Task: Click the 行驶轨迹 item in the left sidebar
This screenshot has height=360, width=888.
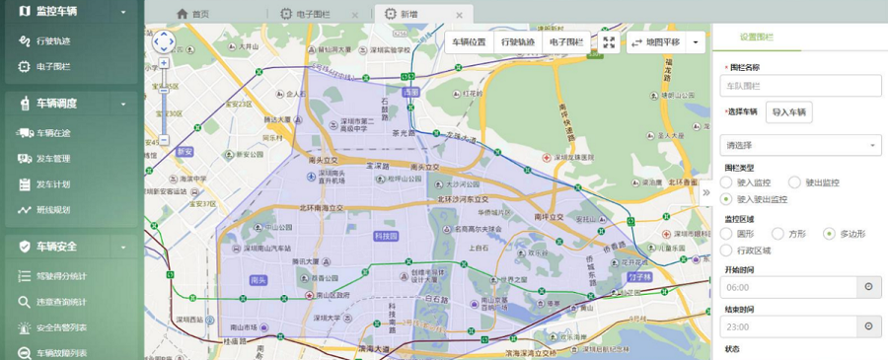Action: pos(52,41)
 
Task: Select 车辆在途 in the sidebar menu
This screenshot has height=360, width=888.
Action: pos(52,133)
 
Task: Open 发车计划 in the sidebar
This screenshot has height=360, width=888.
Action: pos(52,184)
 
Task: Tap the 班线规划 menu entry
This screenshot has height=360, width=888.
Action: pos(52,210)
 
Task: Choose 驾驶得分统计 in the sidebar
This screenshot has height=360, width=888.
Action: pos(60,276)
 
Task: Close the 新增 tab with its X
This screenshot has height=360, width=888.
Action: pos(459,15)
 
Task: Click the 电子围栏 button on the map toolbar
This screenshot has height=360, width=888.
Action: pos(566,42)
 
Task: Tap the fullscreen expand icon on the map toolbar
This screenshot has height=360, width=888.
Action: pos(609,42)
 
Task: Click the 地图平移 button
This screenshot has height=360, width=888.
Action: pos(656,42)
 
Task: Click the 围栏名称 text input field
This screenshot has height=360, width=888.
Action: pos(800,86)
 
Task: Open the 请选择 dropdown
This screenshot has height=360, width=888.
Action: pos(800,145)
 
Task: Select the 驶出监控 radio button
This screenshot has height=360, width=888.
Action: pos(785,182)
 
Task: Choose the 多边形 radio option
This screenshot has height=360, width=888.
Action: pos(832,234)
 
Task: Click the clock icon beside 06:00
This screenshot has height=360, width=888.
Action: pos(869,287)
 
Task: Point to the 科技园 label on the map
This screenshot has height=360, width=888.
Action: pos(386,237)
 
